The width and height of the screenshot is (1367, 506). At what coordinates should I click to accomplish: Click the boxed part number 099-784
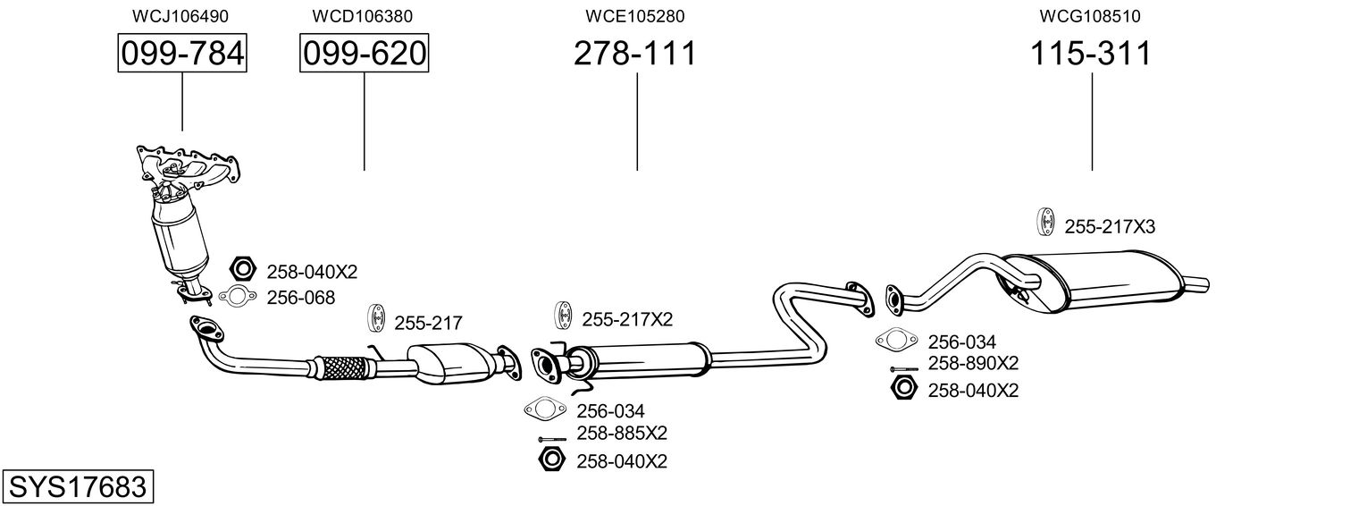(x=182, y=54)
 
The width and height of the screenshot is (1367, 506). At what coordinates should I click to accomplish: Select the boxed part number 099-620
(x=364, y=54)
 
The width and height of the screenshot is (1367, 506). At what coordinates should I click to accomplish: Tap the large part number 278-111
(x=634, y=54)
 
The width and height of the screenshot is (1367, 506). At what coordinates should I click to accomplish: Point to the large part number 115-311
(x=1091, y=54)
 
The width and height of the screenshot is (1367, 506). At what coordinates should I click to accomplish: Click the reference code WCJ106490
(x=180, y=16)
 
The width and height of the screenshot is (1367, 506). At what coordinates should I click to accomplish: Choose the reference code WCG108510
(x=1090, y=16)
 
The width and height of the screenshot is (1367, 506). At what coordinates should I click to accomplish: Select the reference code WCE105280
(x=634, y=16)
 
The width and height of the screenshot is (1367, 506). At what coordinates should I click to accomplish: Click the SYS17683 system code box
(x=77, y=487)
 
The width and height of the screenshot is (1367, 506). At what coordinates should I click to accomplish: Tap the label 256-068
(x=300, y=298)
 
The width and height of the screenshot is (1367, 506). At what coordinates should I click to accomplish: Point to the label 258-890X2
(x=973, y=363)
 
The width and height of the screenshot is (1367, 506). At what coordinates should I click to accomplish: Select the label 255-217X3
(x=1110, y=227)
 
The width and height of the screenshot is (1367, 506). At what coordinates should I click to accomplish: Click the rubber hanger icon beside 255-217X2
(x=564, y=317)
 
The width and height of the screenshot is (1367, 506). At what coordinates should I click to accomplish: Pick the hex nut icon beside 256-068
(x=242, y=268)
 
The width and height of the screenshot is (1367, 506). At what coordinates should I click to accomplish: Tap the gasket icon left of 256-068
(x=236, y=298)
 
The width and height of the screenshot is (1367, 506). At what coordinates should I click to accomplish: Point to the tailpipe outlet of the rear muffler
(x=1197, y=285)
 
